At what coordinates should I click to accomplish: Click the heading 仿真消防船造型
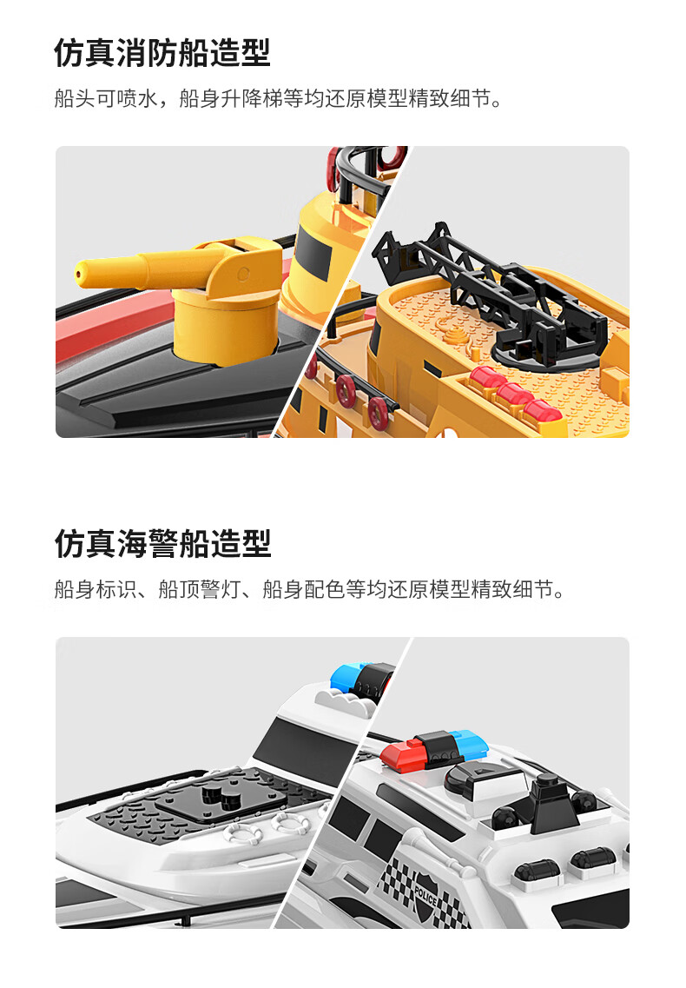tap(162, 52)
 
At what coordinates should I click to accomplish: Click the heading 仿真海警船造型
tap(162, 543)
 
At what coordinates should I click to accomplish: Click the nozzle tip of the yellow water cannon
tap(79, 274)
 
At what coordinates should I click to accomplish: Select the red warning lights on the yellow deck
tap(515, 395)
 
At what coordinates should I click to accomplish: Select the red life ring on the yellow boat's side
tap(346, 388)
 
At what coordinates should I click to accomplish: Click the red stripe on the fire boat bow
tap(114, 328)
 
